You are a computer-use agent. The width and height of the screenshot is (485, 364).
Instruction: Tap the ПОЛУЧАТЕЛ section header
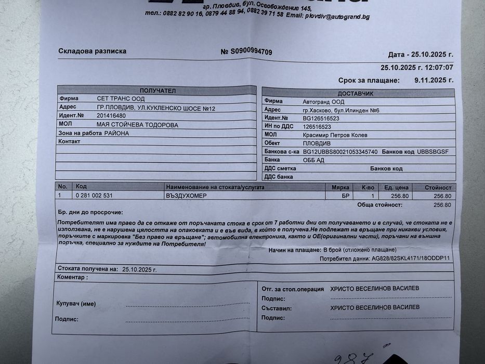(x=157, y=90)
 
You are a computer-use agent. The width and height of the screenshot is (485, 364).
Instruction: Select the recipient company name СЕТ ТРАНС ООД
(x=121, y=99)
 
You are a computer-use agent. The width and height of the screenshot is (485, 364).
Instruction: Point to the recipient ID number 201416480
(x=111, y=115)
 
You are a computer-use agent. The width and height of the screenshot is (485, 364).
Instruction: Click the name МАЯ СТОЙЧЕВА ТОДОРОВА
(x=137, y=125)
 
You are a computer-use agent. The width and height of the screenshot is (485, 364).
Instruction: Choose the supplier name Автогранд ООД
(x=323, y=101)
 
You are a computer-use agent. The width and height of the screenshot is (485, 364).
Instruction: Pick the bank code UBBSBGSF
(x=432, y=152)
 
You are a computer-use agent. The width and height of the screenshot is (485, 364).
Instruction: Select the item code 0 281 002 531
(x=94, y=195)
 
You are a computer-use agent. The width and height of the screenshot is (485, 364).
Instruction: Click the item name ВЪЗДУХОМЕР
(x=186, y=196)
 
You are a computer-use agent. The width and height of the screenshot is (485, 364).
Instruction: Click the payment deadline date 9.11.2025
(x=434, y=80)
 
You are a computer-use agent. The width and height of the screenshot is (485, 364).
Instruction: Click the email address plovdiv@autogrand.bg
(x=338, y=16)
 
